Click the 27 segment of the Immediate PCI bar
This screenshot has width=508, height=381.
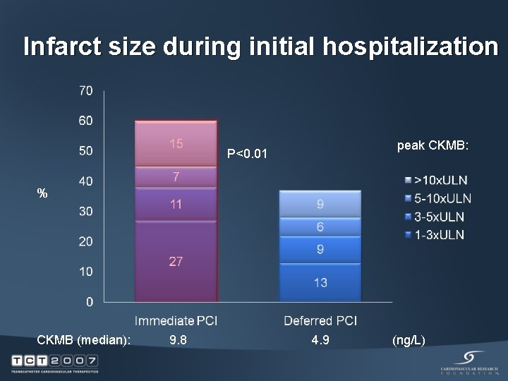click(176, 261)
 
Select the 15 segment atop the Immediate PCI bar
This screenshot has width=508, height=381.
click(176, 144)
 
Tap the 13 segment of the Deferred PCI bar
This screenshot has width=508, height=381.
click(320, 282)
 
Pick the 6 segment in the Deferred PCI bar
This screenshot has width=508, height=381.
click(320, 226)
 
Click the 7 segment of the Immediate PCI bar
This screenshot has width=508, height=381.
click(176, 175)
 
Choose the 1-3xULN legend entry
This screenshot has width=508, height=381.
click(439, 234)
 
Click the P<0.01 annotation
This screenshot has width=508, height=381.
click(248, 153)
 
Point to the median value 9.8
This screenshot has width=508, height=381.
click(179, 341)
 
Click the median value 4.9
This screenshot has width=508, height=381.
click(320, 341)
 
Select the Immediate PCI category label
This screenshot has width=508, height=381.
click(176, 321)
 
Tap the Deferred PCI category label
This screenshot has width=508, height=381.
click(320, 321)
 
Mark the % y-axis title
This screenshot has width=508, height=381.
click(43, 193)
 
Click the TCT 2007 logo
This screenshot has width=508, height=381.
click(54, 362)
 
